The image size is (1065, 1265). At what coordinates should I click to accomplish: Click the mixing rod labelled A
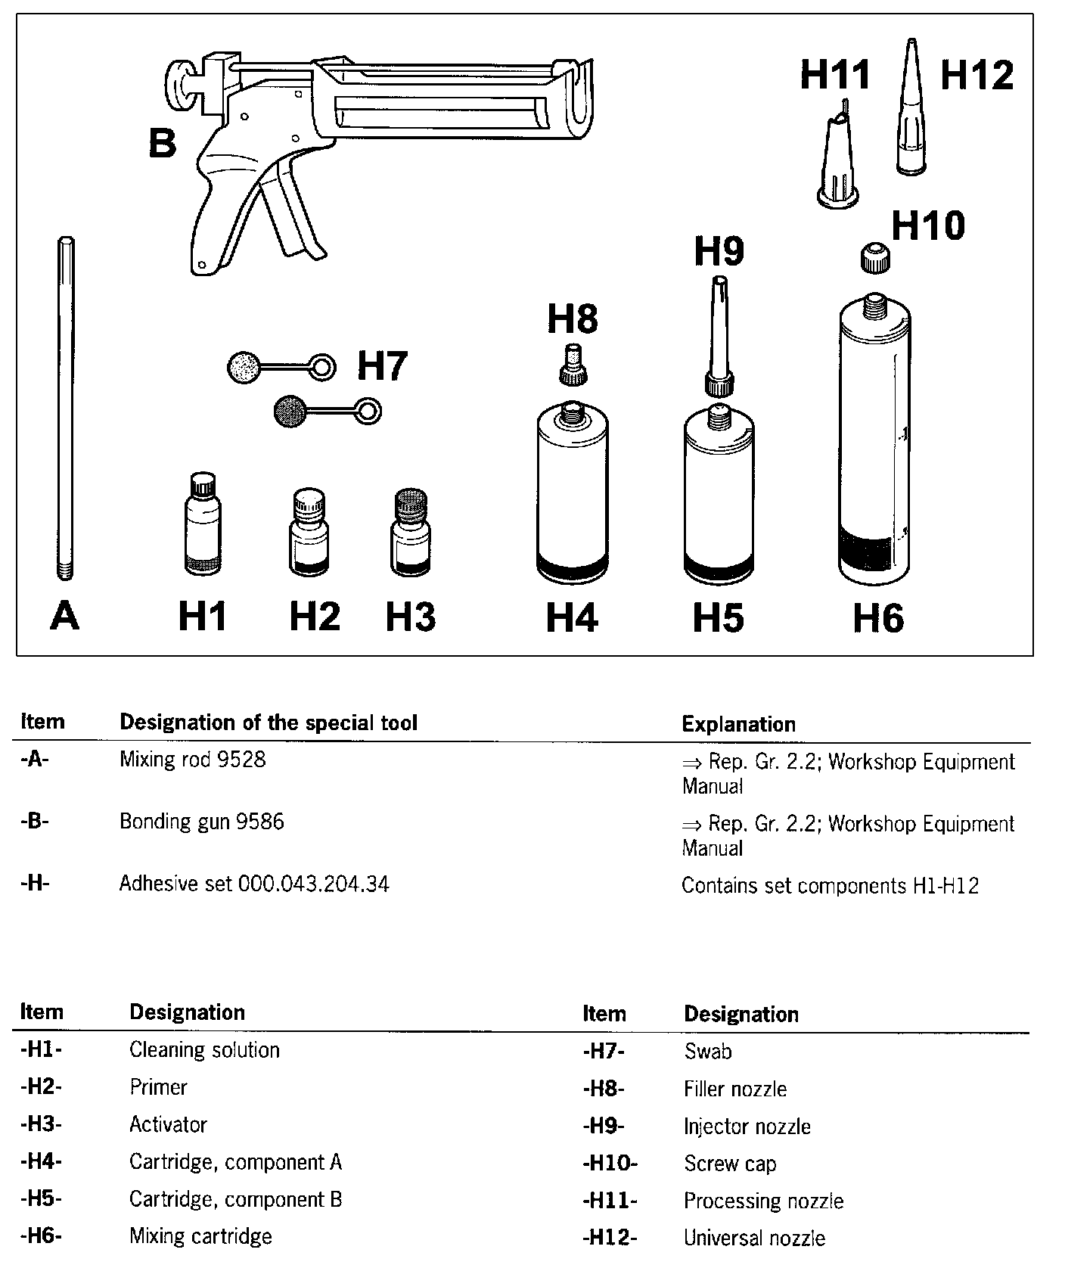pos(66,409)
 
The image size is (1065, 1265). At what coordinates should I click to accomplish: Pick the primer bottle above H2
pos(309,533)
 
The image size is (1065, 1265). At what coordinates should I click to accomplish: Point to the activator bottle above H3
pos(411,533)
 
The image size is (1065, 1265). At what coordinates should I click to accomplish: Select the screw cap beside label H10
pos(875,256)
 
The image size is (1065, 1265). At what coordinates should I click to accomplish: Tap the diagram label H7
pos(382,365)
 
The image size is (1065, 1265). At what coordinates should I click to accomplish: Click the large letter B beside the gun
pos(163,143)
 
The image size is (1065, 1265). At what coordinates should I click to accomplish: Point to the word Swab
pos(708,1051)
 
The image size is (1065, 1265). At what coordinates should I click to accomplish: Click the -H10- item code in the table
pos(610,1163)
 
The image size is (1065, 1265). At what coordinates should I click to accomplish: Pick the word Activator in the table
pos(168,1124)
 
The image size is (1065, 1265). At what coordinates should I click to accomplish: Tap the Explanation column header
pos(738,724)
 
